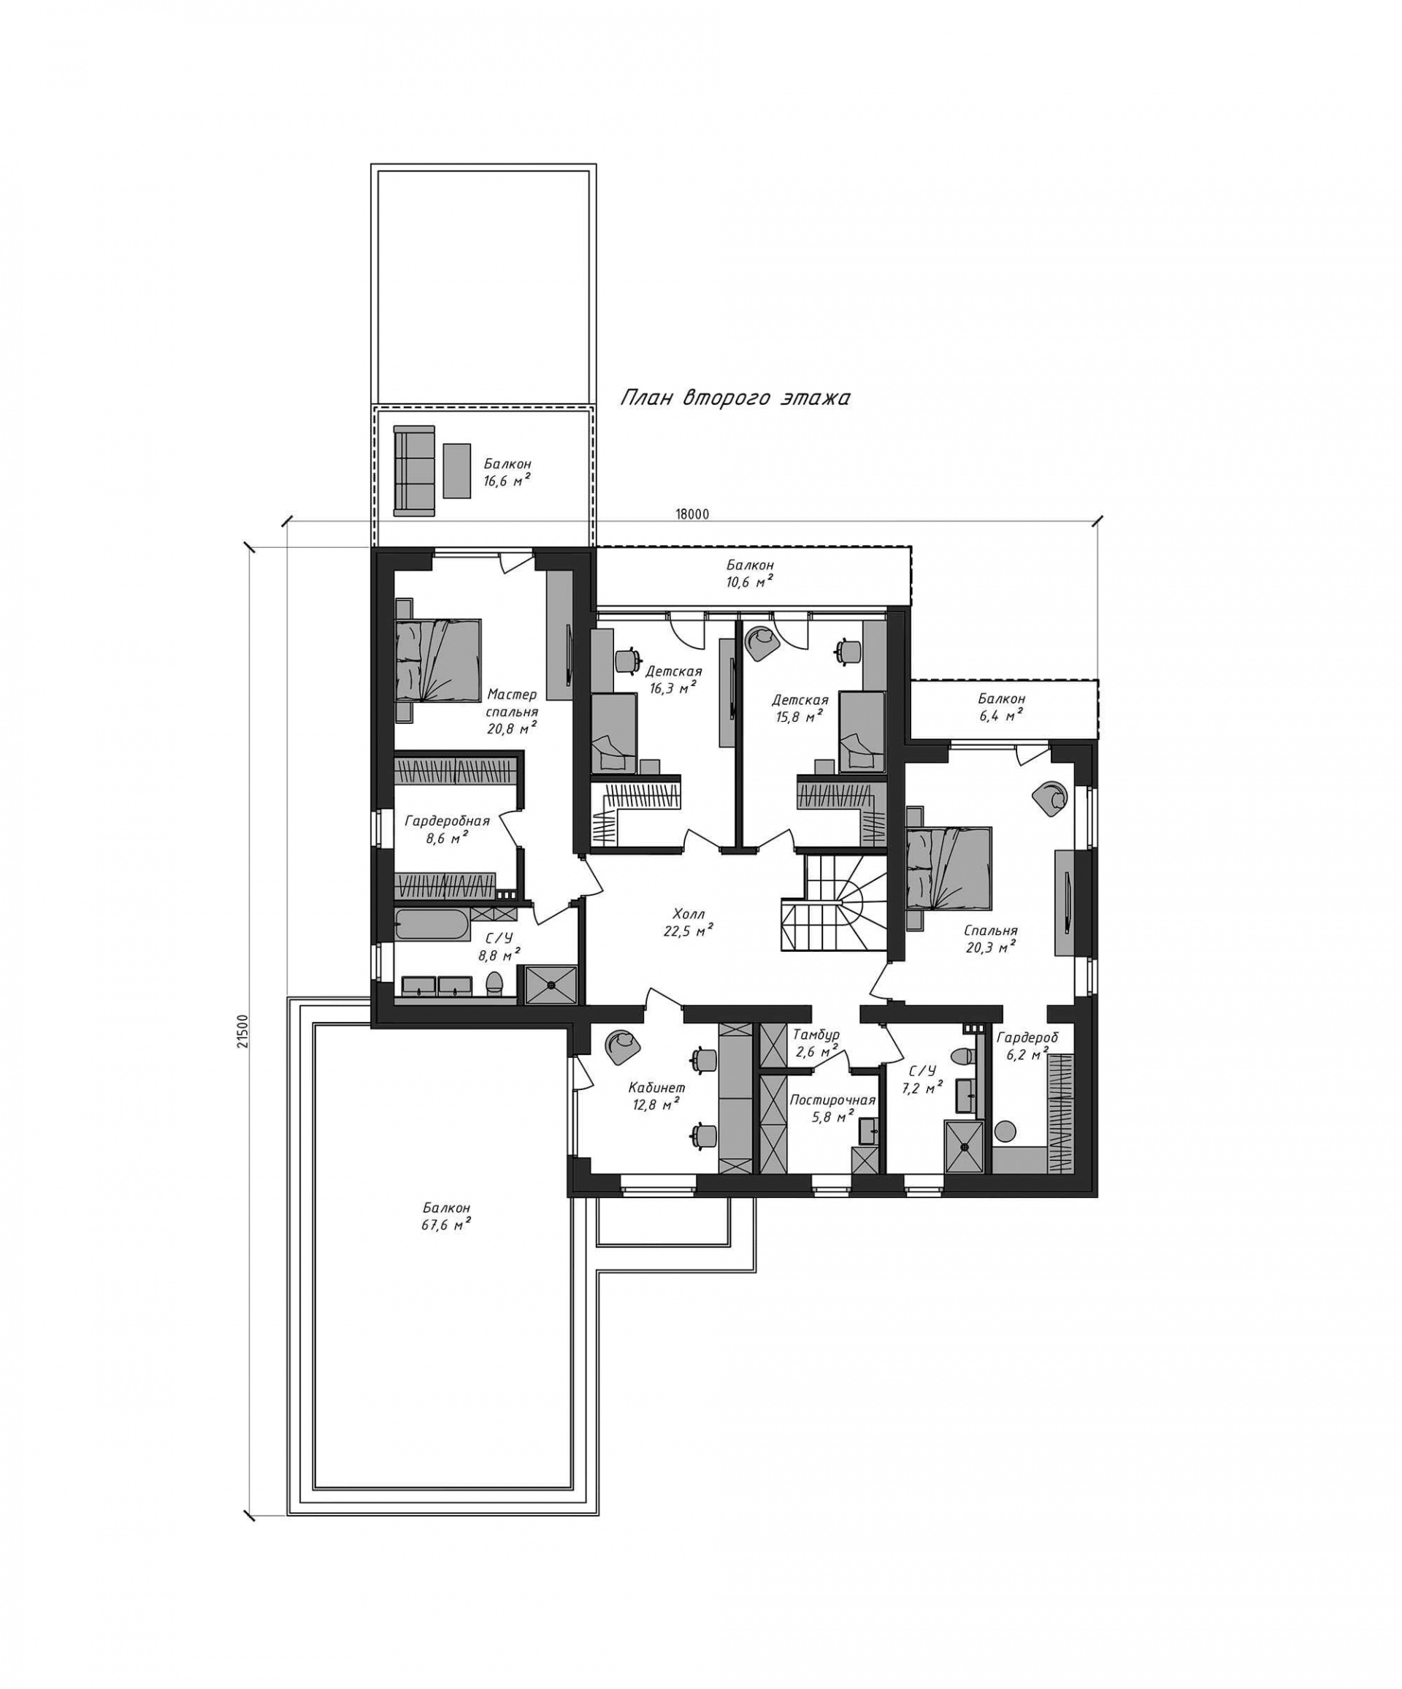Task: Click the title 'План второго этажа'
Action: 735,398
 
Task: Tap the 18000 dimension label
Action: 692,515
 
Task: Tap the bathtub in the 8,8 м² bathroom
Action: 432,925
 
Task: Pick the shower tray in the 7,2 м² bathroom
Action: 965,1146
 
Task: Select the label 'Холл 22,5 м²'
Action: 689,923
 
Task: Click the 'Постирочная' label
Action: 832,1100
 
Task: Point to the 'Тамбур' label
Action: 816,1034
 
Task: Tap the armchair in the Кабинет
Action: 623,1043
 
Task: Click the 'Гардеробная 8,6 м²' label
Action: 447,829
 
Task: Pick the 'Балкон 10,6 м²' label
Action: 750,573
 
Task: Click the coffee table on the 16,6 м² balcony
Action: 456,470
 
